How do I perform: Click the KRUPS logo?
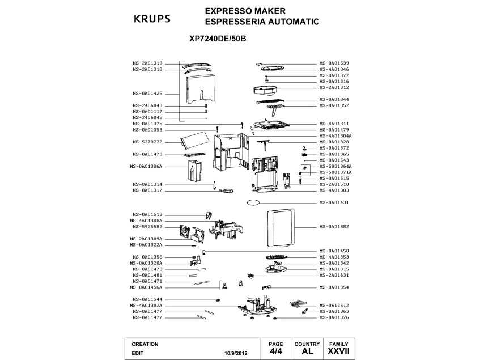(x=152, y=19)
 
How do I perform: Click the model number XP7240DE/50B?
(x=218, y=39)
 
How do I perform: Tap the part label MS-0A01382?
(x=334, y=227)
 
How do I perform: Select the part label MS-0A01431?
(x=334, y=202)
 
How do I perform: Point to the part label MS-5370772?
(x=147, y=142)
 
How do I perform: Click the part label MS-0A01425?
(x=147, y=94)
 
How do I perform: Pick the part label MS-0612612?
(x=334, y=306)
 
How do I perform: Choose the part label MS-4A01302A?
(x=146, y=306)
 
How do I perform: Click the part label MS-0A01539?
(x=334, y=63)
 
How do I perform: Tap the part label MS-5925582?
(x=147, y=227)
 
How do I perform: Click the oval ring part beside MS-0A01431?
(x=253, y=202)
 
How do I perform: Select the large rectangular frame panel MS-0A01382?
(x=281, y=228)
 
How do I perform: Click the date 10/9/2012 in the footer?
(x=236, y=353)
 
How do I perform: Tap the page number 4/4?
(x=276, y=351)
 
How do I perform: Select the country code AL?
(x=307, y=351)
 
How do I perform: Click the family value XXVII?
(x=338, y=351)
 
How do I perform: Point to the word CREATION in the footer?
(x=145, y=344)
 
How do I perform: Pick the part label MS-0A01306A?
(x=146, y=167)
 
